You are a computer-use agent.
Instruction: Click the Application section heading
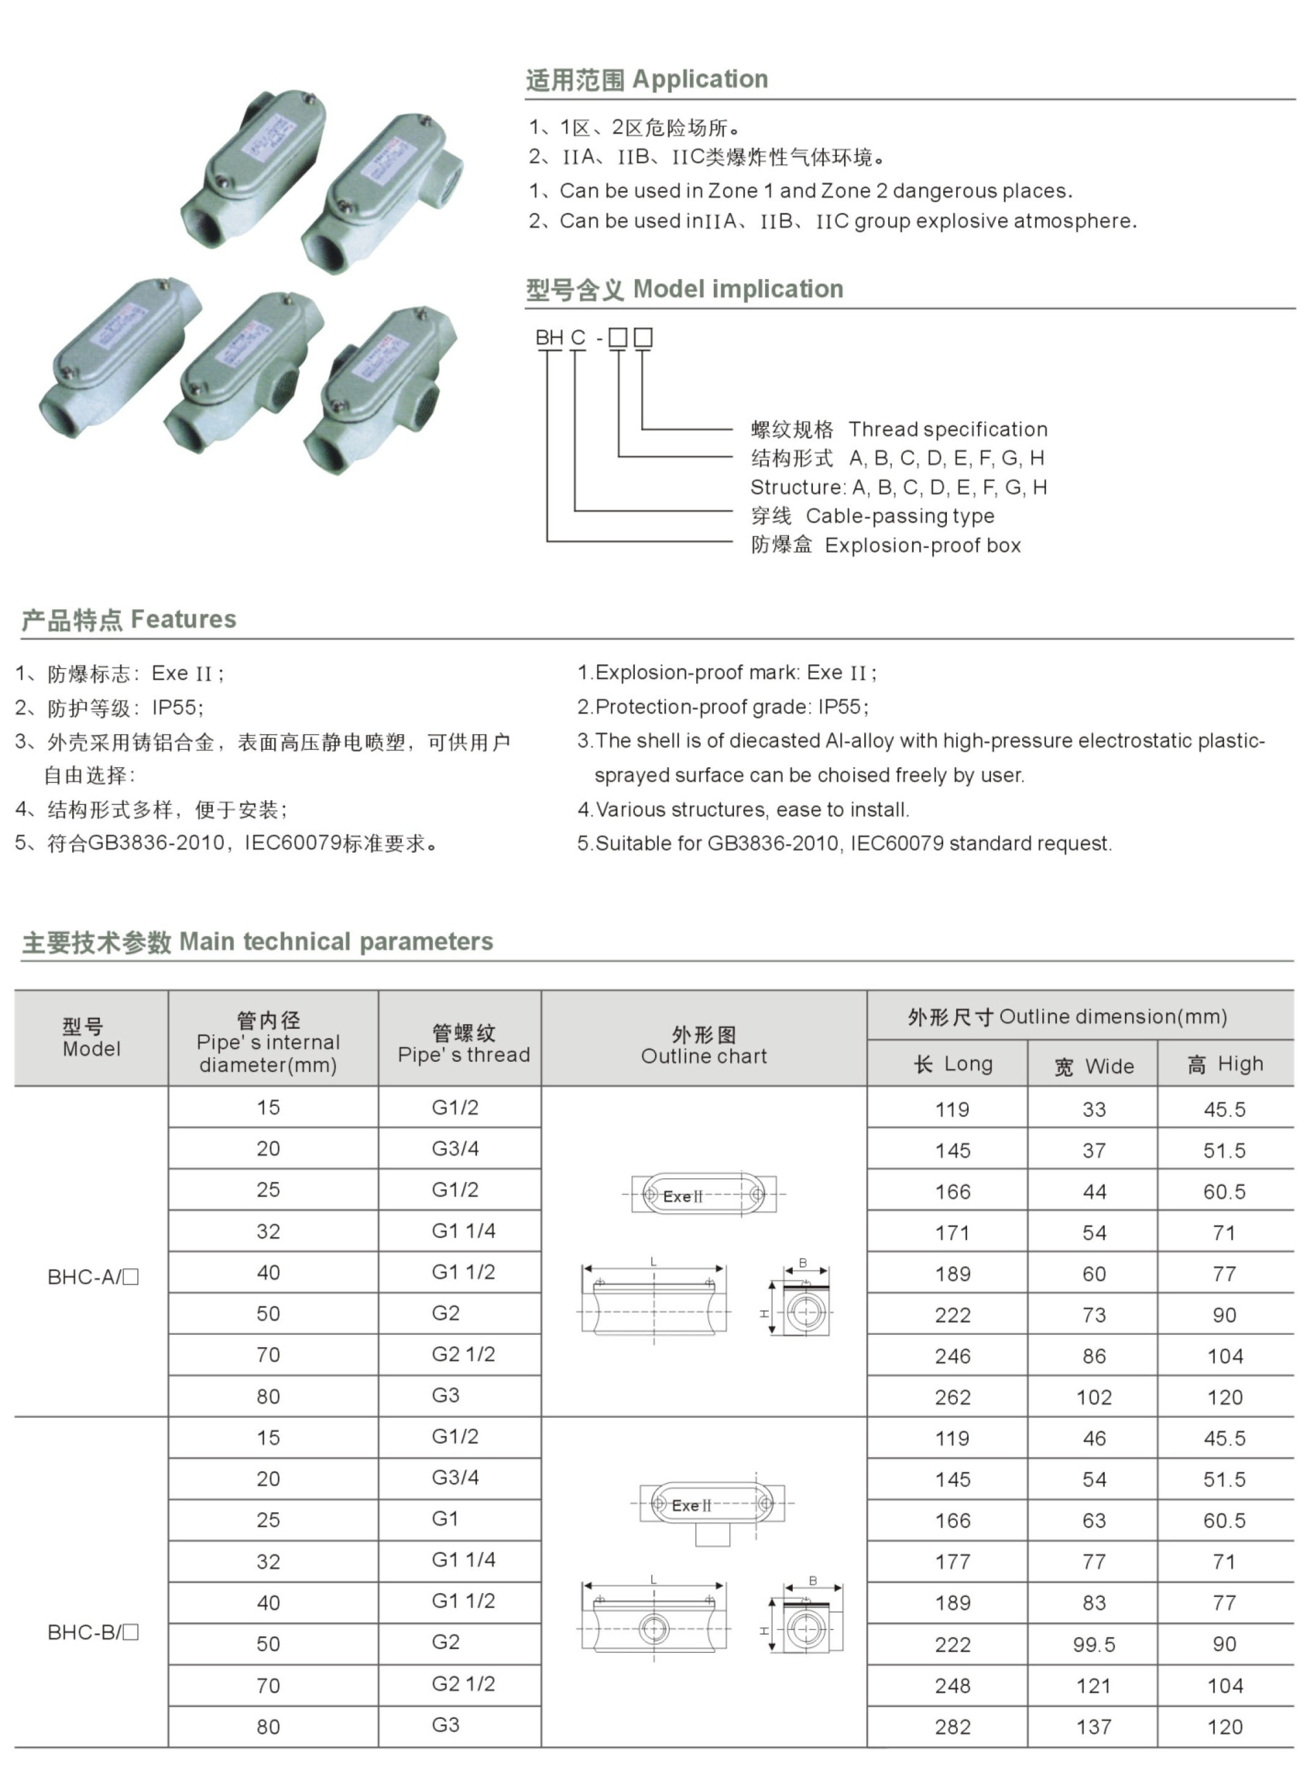(x=647, y=80)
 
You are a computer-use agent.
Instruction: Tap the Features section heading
(x=128, y=620)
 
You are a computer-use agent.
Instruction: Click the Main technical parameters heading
(x=258, y=942)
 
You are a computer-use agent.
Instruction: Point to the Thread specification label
(x=947, y=429)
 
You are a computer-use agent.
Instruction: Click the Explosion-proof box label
(x=922, y=545)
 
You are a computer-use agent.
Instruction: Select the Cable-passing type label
(x=899, y=516)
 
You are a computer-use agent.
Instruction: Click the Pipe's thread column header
(x=464, y=1044)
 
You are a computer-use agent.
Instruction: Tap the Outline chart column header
(x=703, y=1045)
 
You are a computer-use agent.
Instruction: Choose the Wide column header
(x=1094, y=1066)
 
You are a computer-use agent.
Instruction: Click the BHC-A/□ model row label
(x=93, y=1277)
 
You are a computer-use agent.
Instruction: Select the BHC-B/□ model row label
(x=93, y=1631)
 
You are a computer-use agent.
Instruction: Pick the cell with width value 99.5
(x=1094, y=1645)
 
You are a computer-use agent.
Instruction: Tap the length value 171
(x=952, y=1233)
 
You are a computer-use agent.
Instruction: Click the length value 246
(x=952, y=1356)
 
